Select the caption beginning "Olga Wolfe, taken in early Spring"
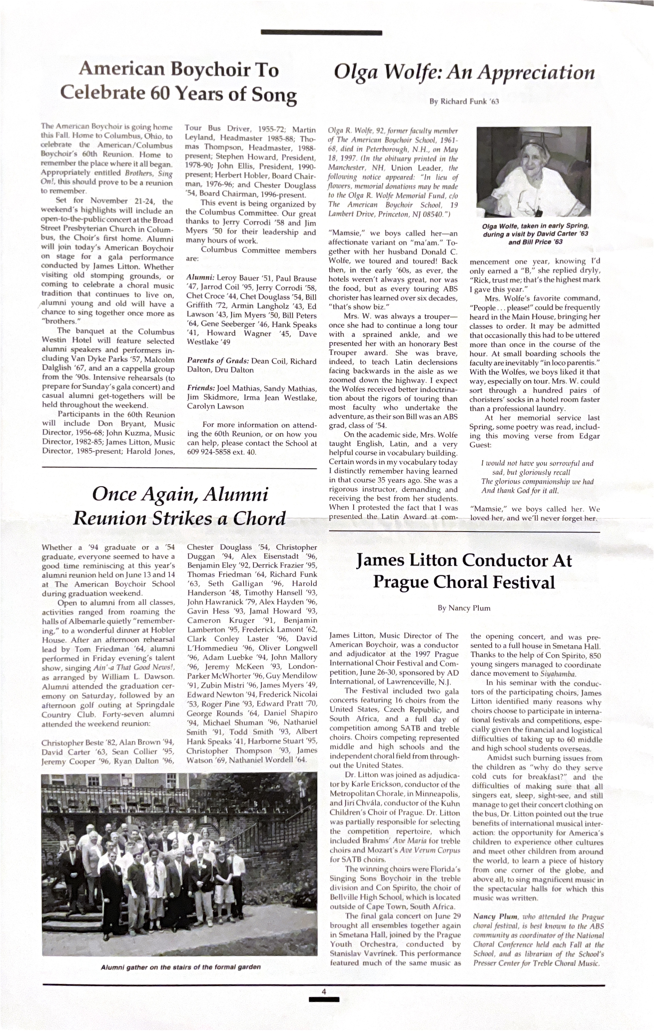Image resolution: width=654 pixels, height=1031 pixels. click(x=535, y=234)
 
